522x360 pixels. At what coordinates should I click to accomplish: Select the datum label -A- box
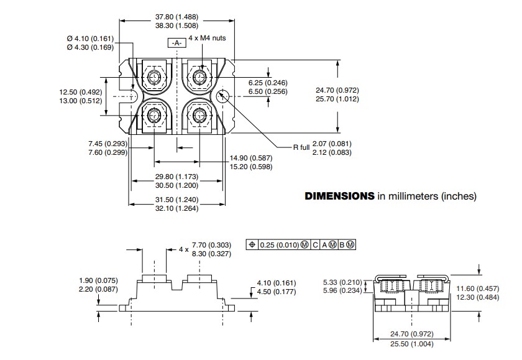click(x=176, y=43)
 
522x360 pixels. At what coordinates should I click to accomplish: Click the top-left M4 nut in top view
click(x=154, y=76)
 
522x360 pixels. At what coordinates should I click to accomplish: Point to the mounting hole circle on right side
click(x=224, y=96)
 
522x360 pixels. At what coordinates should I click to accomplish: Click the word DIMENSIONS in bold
click(x=339, y=196)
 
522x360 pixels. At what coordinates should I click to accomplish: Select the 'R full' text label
click(x=301, y=148)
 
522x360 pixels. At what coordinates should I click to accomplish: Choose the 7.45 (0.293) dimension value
click(x=108, y=144)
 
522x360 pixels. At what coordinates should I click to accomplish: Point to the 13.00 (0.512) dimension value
click(x=76, y=101)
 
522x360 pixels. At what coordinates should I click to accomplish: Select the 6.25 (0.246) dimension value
click(x=268, y=83)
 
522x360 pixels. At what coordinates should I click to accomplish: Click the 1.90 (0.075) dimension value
click(x=98, y=280)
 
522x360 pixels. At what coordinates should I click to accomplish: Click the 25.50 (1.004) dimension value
click(x=411, y=344)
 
